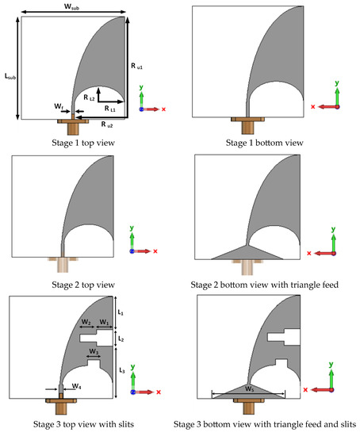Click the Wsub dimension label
pyautogui.click(x=71, y=6)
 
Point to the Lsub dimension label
pyautogui.click(x=10, y=76)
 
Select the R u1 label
pyautogui.click(x=136, y=66)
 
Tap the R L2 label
pyautogui.click(x=89, y=98)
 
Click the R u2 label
pyautogui.click(x=107, y=124)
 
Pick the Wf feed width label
pyautogui.click(x=59, y=106)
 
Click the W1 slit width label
pyautogui.click(x=104, y=323)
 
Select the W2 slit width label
pyautogui.click(x=86, y=323)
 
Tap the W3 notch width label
pyautogui.click(x=94, y=352)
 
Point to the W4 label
pyautogui.click(x=76, y=386)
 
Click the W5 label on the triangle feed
pyautogui.click(x=249, y=388)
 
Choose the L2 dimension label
pyautogui.click(x=121, y=338)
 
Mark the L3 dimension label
pyautogui.click(x=122, y=370)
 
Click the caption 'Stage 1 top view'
pyautogui.click(x=83, y=143)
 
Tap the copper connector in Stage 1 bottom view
pyautogui.click(x=247, y=125)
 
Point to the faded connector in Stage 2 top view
pyautogui.click(x=63, y=265)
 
